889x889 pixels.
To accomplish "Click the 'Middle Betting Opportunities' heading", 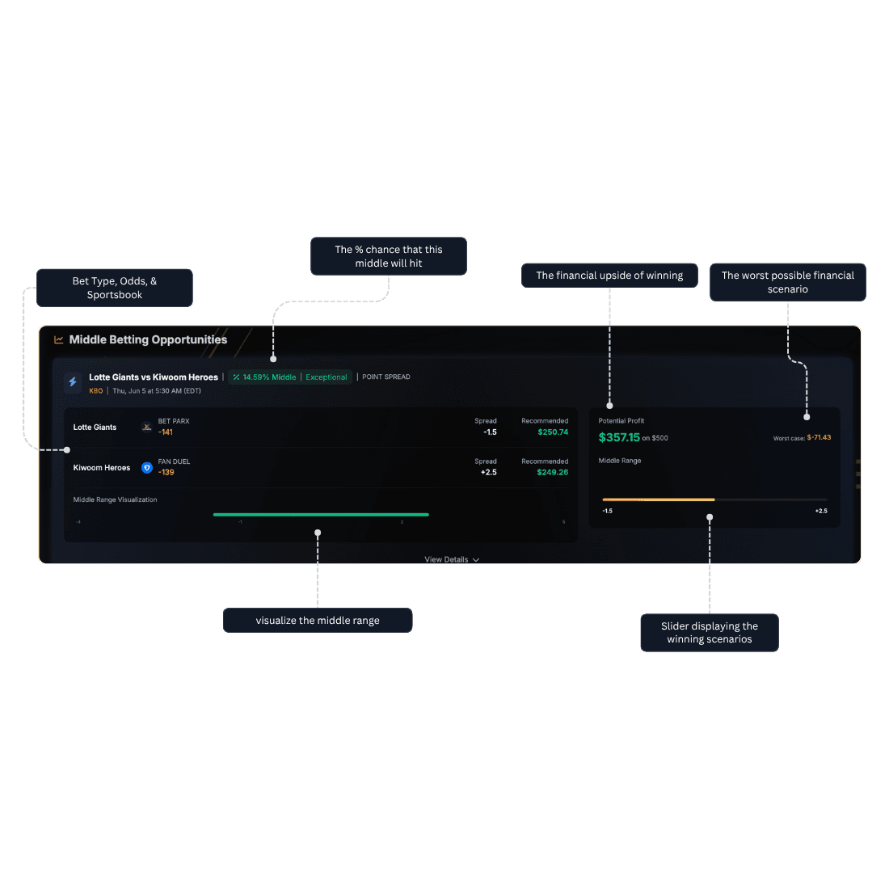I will pyautogui.click(x=148, y=339).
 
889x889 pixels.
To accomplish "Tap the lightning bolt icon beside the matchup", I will pyautogui.click(x=73, y=382).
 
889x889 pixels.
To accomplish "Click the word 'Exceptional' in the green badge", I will pyautogui.click(x=327, y=377).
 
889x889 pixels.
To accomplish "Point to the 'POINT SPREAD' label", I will pyautogui.click(x=386, y=377).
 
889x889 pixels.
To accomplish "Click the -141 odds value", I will pyautogui.click(x=166, y=432).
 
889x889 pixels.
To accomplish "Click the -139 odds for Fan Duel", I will pyautogui.click(x=166, y=473).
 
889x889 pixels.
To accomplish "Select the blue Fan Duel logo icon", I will pyautogui.click(x=147, y=468).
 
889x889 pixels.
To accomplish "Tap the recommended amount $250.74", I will pyautogui.click(x=553, y=432).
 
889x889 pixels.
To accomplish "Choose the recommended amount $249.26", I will pyautogui.click(x=553, y=473).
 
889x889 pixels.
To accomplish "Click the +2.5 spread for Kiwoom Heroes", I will pyautogui.click(x=488, y=473).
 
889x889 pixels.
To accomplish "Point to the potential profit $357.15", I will pyautogui.click(x=619, y=437).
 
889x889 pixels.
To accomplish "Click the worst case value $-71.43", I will pyautogui.click(x=819, y=437).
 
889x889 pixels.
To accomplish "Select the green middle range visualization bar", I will pyautogui.click(x=321, y=514).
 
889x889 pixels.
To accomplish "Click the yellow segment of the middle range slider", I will pyautogui.click(x=658, y=499).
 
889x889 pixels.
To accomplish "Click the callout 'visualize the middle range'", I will pyautogui.click(x=318, y=621).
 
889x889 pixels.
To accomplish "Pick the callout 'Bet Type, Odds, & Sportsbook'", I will pyautogui.click(x=115, y=288).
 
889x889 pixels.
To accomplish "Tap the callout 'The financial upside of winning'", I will pyautogui.click(x=609, y=276).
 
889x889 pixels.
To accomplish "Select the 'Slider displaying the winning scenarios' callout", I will pyautogui.click(x=710, y=633).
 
